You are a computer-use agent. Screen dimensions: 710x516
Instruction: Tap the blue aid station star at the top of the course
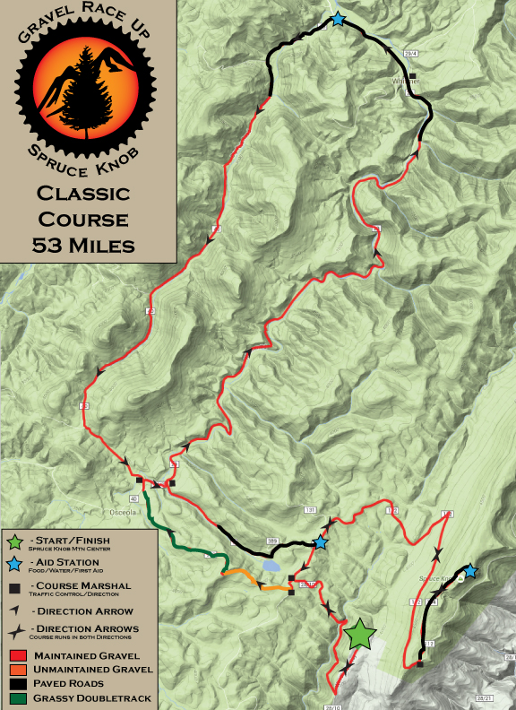(x=338, y=19)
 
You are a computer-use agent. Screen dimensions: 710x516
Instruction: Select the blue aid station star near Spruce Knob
(x=469, y=570)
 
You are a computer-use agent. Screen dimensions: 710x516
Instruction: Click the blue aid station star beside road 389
(x=320, y=542)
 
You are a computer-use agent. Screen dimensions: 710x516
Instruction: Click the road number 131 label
(x=311, y=510)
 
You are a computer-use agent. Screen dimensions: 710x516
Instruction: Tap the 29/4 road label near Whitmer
(x=411, y=55)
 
